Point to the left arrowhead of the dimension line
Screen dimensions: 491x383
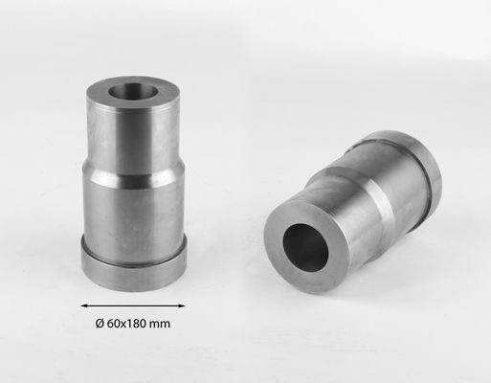click(84, 305)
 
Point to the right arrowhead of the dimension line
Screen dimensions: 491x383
click(182, 305)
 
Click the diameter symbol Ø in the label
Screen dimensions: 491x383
click(100, 324)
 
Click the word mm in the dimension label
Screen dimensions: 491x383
click(159, 325)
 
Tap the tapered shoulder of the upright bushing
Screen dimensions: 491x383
click(134, 168)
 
